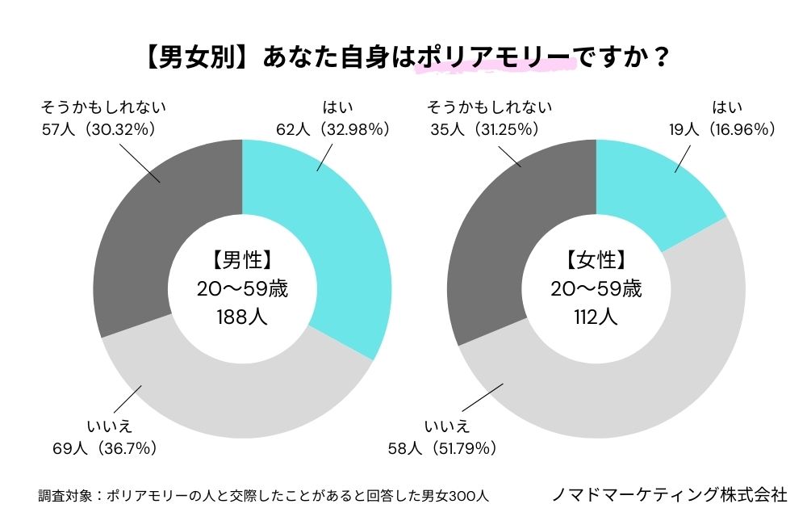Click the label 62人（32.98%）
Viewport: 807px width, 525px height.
coord(331,128)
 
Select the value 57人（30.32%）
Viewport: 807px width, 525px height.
coord(97,128)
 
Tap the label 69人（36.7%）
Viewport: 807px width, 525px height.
coord(104,447)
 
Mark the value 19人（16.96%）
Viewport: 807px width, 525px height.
coord(719,128)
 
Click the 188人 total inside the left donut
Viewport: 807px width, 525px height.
coord(242,317)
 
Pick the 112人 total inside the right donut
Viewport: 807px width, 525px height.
coord(596,317)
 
